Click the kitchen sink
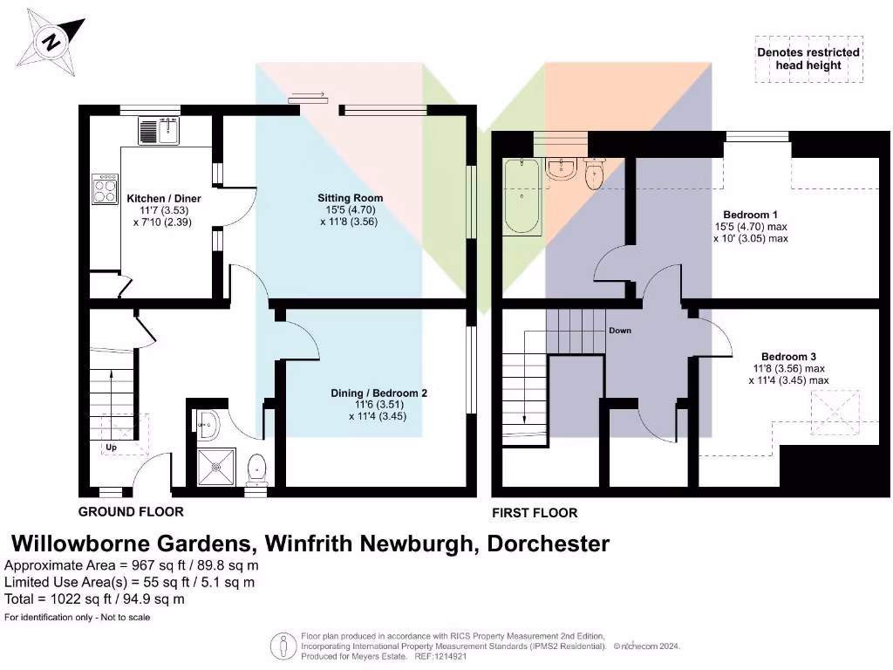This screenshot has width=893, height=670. [158, 131]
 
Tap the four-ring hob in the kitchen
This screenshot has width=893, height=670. [106, 189]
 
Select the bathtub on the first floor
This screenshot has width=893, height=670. [521, 196]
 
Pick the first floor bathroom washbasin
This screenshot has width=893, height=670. [559, 170]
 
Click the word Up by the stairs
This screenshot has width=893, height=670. [111, 448]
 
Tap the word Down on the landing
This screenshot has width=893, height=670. [620, 331]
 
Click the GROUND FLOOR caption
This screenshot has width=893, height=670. [131, 512]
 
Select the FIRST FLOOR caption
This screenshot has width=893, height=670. [535, 513]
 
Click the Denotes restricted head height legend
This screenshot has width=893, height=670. [808, 58]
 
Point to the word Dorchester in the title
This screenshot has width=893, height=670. [548, 544]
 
